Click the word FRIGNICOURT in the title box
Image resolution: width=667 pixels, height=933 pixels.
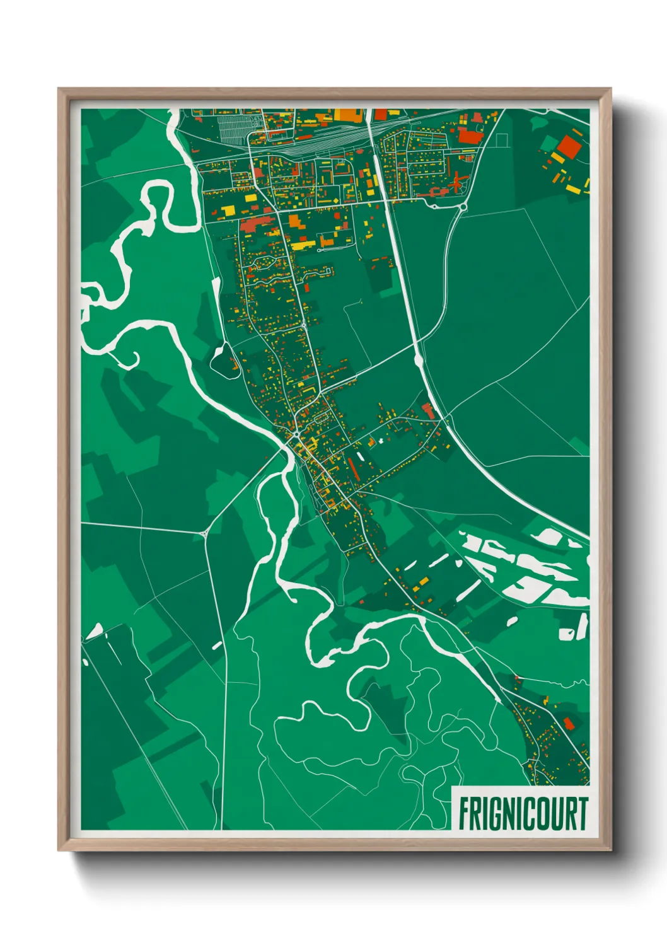tap(523, 814)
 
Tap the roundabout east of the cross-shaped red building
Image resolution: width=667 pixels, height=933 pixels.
tap(463, 206)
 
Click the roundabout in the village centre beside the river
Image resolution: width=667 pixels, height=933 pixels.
tap(296, 434)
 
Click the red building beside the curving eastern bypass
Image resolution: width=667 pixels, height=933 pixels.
tap(428, 410)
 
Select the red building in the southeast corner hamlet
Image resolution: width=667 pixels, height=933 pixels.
tap(569, 723)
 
